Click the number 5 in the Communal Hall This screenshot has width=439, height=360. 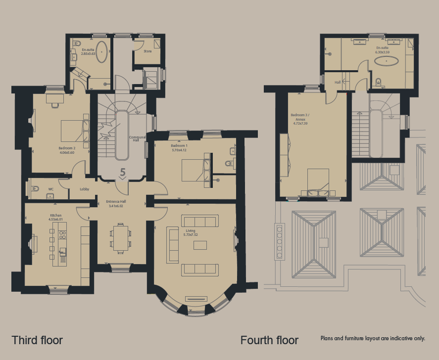click(123, 173)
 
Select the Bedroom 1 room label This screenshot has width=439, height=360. click(179, 148)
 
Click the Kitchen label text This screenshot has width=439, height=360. click(55, 218)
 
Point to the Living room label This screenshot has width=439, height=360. click(191, 233)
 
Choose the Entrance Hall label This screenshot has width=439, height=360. click(115, 204)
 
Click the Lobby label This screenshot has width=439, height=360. click(85, 189)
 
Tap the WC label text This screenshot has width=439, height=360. click(50, 189)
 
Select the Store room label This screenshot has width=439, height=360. click(147, 51)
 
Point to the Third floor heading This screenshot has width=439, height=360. click(37, 340)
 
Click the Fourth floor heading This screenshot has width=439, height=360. click(269, 340)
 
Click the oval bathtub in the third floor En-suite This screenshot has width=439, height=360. click(101, 52)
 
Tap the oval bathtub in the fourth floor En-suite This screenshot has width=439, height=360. click(386, 61)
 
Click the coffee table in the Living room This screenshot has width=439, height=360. click(200, 245)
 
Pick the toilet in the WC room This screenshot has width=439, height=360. click(34, 188)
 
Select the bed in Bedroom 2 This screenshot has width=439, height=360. click(74, 131)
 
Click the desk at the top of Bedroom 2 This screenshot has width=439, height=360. click(55, 98)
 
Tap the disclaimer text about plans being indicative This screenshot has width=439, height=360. click(372, 338)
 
